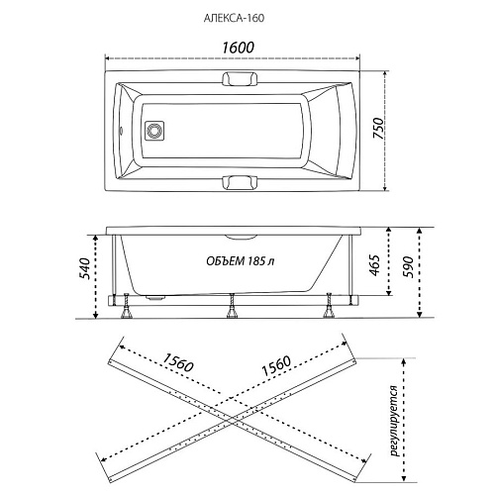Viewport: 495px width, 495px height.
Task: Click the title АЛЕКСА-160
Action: point(234,18)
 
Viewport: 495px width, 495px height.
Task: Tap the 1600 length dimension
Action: point(238,48)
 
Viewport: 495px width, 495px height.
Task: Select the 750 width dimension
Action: point(378,128)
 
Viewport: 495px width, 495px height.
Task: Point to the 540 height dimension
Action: point(84,268)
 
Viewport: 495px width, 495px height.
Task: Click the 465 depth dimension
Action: point(375,265)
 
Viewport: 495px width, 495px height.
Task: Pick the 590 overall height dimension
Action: point(408,266)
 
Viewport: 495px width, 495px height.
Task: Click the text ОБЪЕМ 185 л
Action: point(241,261)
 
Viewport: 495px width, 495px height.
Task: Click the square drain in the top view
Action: point(154,131)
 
